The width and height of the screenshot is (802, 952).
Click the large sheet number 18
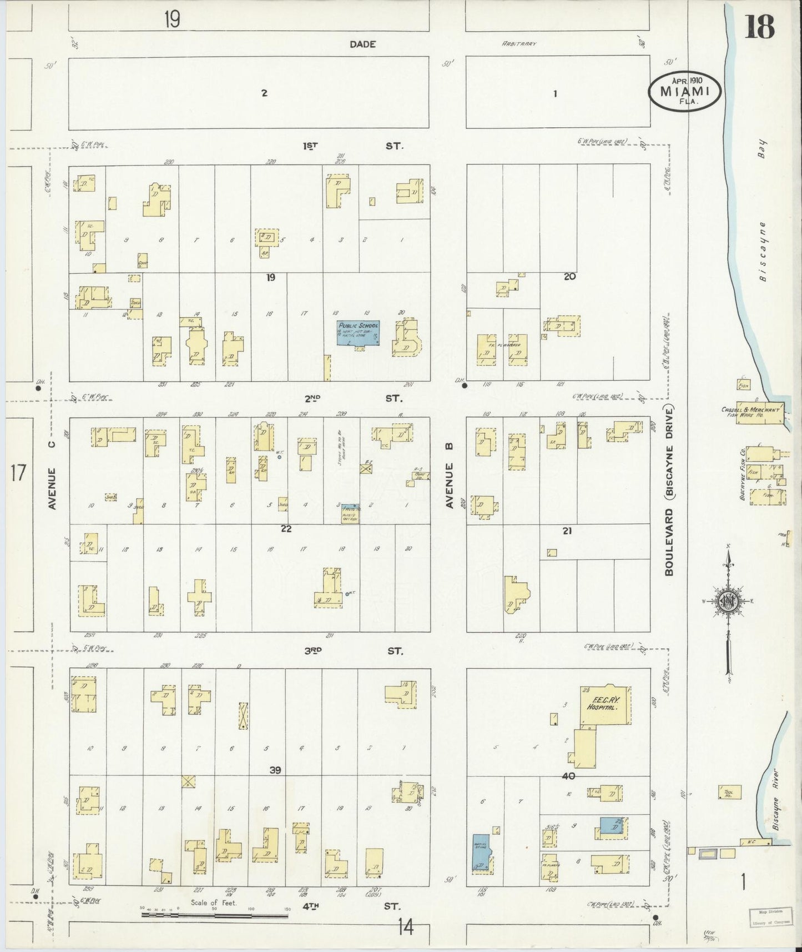759,27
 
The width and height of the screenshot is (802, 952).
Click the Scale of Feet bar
214,914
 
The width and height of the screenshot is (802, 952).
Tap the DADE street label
363,44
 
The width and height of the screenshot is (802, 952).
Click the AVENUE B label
449,476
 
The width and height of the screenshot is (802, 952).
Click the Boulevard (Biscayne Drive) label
669,490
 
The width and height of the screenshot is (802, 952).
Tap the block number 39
275,770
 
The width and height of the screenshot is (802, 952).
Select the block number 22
286,528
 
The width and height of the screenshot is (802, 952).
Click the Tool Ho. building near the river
727,792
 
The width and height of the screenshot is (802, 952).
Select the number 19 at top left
172,21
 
